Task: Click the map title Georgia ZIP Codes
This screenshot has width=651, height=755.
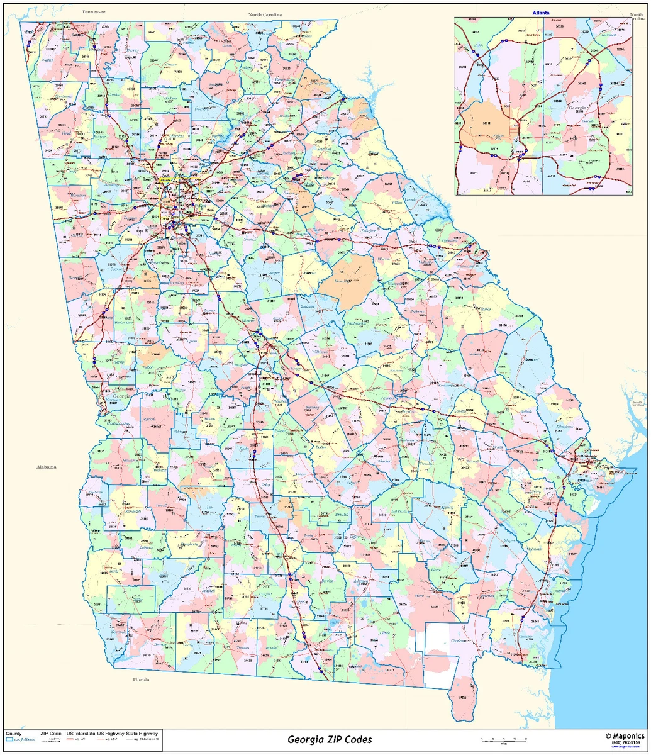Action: [330, 739]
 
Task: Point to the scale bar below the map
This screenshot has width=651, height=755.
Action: [503, 739]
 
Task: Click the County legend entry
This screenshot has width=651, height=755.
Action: [13, 734]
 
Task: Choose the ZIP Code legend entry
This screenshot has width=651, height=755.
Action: [51, 734]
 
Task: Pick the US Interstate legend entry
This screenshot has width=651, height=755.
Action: [81, 734]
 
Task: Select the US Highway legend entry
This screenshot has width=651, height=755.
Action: [111, 734]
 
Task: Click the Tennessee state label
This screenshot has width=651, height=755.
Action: [93, 12]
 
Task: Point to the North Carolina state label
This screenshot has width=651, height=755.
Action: [265, 14]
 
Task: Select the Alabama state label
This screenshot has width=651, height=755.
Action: [46, 466]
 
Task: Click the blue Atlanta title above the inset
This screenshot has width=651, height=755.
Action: [541, 13]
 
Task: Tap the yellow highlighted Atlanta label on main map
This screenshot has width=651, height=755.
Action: [166, 180]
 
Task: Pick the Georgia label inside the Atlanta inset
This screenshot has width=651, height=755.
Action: [577, 108]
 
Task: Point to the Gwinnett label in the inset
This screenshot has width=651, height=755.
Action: [608, 35]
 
